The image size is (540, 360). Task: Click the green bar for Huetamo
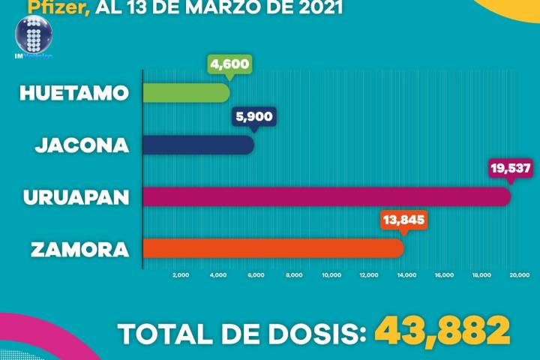[186, 92]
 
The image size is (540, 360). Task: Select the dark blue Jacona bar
[198, 144]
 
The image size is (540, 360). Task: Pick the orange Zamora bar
[273, 247]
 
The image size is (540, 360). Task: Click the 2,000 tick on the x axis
[181, 275]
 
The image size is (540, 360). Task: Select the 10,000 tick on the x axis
[331, 275]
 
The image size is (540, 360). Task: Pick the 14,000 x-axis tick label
[406, 275]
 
